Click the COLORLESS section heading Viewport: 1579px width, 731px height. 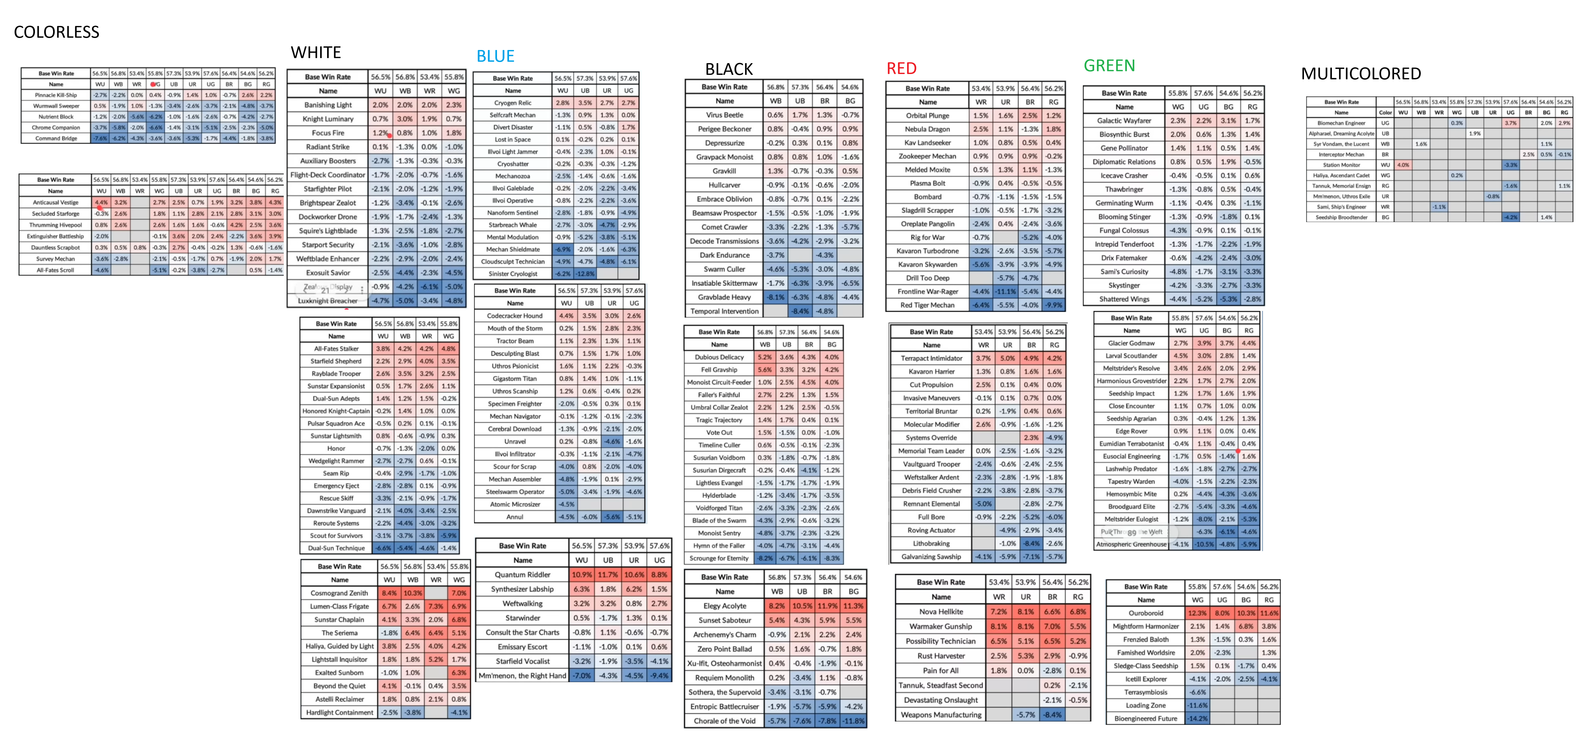point(56,32)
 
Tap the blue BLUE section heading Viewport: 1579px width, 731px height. point(495,56)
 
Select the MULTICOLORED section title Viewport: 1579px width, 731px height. point(1361,74)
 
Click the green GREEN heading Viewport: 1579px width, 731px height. point(1109,66)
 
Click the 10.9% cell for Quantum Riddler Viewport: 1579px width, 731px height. point(581,575)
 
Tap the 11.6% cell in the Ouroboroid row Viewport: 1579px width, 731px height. point(1269,613)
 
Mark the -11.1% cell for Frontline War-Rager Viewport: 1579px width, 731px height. point(1005,292)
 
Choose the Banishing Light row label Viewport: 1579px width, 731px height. point(328,105)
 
